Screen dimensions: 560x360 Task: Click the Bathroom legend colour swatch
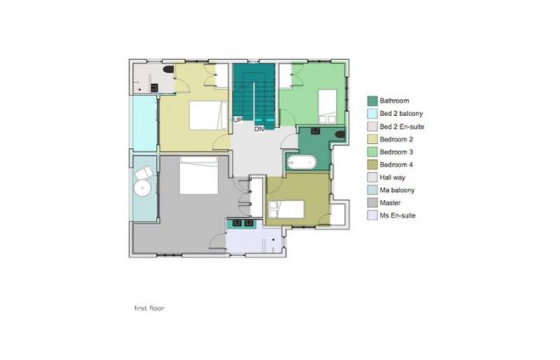coord(372,101)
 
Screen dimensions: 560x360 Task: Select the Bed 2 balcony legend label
coord(401,114)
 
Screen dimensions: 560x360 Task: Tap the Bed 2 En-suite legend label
coord(402,126)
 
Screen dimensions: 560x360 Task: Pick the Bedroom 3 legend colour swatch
coord(372,152)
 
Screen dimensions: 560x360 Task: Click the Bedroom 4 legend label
coord(397,165)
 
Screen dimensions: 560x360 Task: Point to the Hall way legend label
coord(393,178)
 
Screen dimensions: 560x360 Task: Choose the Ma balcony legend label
coord(397,190)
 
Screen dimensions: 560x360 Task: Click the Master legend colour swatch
coord(372,203)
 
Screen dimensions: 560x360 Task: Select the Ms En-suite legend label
coord(398,215)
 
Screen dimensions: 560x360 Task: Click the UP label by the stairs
coord(238,120)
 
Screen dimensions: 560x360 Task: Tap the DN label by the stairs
coord(259,129)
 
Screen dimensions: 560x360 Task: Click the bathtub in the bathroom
coord(302,162)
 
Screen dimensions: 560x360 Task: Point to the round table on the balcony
coord(143,187)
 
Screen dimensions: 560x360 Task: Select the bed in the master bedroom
coord(198,175)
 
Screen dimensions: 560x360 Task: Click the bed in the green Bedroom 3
coord(327,106)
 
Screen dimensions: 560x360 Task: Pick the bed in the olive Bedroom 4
coord(286,210)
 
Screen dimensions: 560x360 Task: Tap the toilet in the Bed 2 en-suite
coord(168,69)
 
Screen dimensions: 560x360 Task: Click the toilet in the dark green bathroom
coord(340,134)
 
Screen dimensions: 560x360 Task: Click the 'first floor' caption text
coord(150,308)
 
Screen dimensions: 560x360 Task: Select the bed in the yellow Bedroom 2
coord(208,115)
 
